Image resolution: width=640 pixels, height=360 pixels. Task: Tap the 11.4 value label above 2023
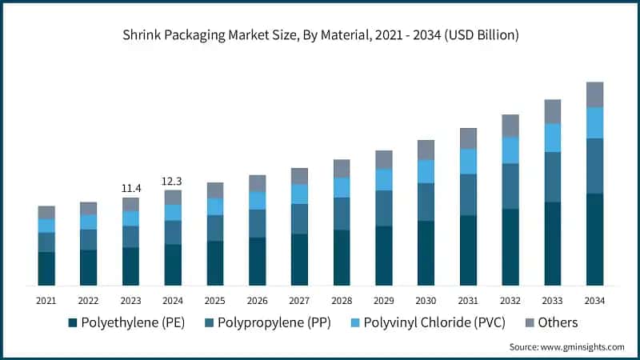131,188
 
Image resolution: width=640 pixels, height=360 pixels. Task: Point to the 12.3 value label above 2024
173,181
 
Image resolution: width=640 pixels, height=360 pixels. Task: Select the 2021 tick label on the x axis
46,300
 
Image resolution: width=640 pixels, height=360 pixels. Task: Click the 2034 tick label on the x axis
594,300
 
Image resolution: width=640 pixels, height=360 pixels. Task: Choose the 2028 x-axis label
342,300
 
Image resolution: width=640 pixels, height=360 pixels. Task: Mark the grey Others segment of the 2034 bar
594,94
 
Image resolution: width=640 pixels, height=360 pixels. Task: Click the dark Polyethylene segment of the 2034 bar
594,239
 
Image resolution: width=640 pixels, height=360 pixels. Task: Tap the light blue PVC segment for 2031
468,161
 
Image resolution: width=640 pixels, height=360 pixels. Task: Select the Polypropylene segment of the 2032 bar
510,186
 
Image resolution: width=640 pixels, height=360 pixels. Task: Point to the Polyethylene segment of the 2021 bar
46,269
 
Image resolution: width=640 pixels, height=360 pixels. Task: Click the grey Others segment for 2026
257,183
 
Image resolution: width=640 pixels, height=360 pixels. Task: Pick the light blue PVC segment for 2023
131,218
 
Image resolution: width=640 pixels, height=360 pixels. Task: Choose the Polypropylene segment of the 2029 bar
384,208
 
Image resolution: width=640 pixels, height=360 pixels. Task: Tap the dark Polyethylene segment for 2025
215,263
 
